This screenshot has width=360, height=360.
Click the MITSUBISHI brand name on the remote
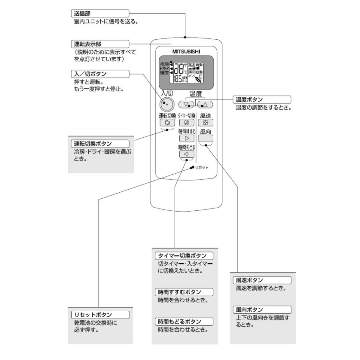(x=186, y=51)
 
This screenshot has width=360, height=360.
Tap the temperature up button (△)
(x=205, y=105)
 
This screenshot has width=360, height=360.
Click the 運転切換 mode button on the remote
(x=167, y=123)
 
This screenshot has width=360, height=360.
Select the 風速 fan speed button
(x=206, y=123)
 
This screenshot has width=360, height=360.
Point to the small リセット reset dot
(x=192, y=167)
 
